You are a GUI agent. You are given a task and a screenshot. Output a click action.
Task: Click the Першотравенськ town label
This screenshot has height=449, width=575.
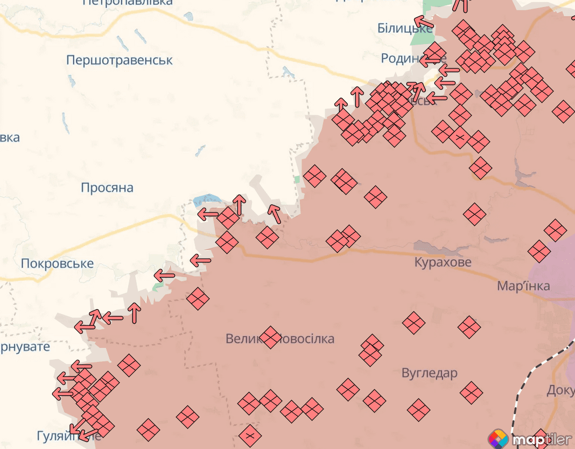(120, 60)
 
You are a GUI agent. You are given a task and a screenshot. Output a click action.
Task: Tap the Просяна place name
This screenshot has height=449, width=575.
(107, 188)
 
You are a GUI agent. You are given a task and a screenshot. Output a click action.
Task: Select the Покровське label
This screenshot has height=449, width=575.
(57, 263)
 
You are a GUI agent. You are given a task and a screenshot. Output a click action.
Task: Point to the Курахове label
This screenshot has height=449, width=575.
(443, 262)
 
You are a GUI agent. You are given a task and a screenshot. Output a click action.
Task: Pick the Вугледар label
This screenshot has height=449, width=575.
(429, 373)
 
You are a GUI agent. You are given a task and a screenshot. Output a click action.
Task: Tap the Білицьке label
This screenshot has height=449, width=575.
(404, 28)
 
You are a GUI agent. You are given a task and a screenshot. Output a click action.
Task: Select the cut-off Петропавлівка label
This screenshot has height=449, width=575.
(128, 3)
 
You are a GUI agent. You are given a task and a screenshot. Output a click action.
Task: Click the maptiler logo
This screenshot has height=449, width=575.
(530, 439)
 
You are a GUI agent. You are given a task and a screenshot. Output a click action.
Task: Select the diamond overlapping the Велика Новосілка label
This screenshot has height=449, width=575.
(270, 337)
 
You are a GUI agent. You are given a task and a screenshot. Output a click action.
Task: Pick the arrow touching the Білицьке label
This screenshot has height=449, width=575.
(424, 22)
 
